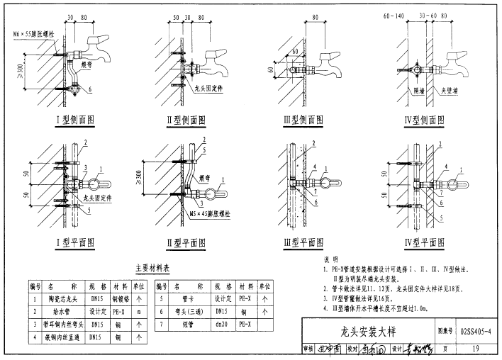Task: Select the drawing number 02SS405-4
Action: pos(476,330)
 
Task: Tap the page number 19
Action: pos(475,348)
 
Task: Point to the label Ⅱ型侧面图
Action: pos(185,120)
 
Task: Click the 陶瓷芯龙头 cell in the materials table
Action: pos(57,299)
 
